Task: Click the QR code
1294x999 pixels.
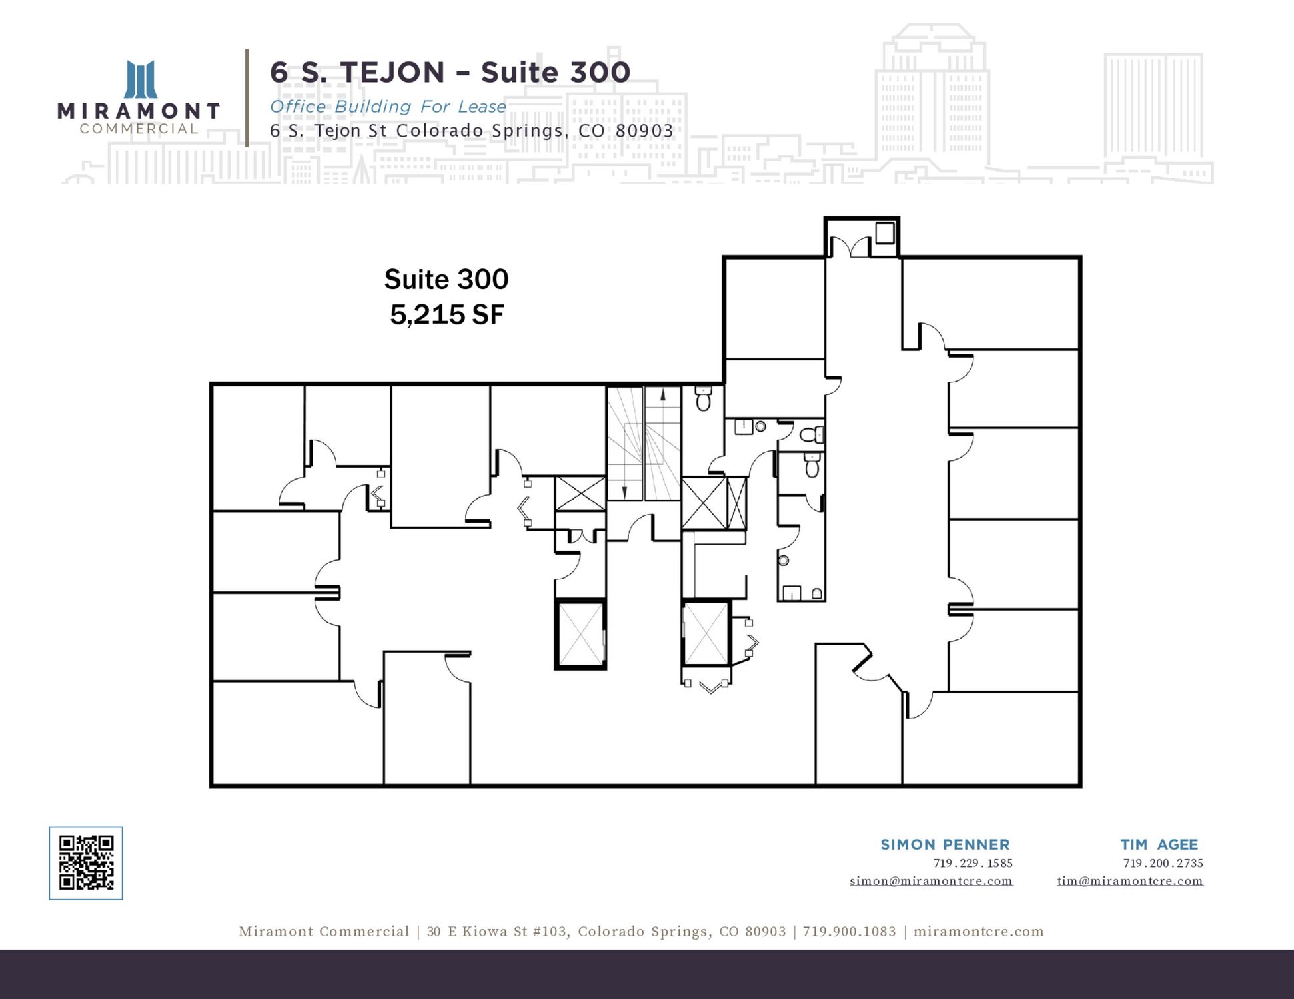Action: click(86, 863)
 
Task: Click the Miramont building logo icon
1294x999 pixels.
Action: click(141, 79)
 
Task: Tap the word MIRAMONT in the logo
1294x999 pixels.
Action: click(139, 111)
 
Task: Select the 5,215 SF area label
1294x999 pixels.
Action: click(446, 315)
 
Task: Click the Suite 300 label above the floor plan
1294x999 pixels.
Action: click(446, 279)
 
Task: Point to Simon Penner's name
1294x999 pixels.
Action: click(945, 844)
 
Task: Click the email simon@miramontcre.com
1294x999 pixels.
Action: click(931, 881)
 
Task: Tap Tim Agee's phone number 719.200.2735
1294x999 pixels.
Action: click(1163, 863)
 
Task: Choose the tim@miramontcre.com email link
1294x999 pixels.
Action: click(1130, 881)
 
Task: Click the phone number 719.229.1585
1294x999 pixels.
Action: click(973, 863)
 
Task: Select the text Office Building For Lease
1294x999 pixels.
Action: click(388, 107)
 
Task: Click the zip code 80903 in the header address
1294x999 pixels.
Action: click(644, 131)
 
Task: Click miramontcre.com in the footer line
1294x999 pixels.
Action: click(978, 932)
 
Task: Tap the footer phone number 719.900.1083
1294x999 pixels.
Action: click(849, 932)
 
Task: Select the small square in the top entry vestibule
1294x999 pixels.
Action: click(885, 233)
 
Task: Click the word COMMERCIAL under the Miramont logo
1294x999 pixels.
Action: click(139, 129)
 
